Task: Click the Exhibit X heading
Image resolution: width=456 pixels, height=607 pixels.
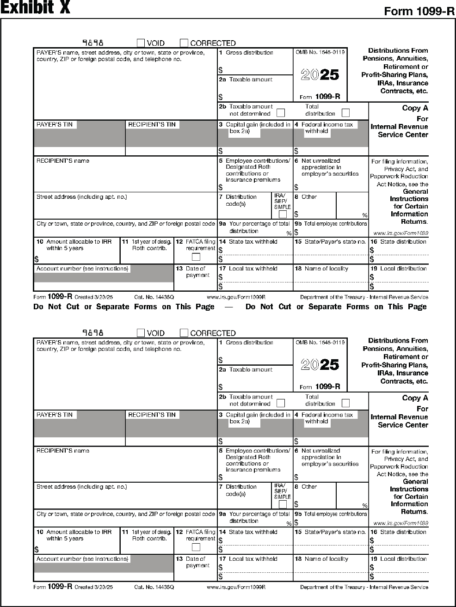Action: [x=35, y=8]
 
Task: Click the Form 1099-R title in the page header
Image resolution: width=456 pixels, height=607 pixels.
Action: [x=419, y=12]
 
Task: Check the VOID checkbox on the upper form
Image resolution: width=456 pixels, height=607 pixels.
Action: [x=141, y=43]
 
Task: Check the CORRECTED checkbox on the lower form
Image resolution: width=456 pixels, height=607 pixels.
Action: [x=184, y=333]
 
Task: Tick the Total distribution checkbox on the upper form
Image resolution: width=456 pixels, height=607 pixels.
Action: [x=345, y=113]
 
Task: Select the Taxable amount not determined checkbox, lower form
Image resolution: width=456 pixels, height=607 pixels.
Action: [x=280, y=403]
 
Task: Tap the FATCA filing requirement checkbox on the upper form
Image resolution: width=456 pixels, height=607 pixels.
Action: [x=196, y=257]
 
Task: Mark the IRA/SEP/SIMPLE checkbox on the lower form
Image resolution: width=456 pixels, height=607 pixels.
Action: [x=282, y=504]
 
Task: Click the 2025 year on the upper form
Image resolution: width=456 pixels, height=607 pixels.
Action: [x=320, y=75]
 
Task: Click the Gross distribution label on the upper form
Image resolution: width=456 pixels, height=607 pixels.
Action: [x=249, y=53]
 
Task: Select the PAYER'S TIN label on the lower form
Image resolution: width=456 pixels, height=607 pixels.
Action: [x=55, y=415]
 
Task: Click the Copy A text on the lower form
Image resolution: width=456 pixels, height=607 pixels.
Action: [x=415, y=398]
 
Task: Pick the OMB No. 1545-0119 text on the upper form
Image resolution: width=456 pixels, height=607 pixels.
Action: [x=320, y=52]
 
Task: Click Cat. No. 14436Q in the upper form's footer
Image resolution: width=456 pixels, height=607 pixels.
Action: [x=154, y=297]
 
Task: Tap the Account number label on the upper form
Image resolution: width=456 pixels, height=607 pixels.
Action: [x=82, y=269]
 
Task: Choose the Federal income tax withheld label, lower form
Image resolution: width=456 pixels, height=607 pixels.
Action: [x=327, y=418]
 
